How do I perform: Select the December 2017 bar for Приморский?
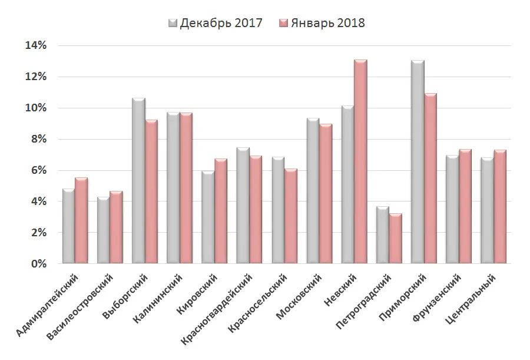[x=418, y=162]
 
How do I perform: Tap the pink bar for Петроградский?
[x=395, y=239]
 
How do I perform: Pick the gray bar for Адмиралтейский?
[x=68, y=227]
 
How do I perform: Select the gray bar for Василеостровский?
[x=103, y=230]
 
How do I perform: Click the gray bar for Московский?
[x=313, y=191]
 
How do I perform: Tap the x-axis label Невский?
[x=342, y=289]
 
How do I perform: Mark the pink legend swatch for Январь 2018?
[x=283, y=23]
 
